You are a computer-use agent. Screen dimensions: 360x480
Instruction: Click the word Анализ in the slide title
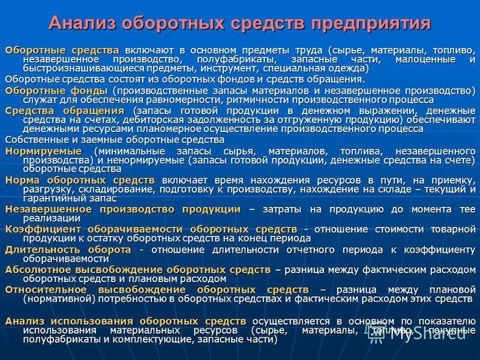point(82,23)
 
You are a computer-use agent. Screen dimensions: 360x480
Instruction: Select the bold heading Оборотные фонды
point(56,90)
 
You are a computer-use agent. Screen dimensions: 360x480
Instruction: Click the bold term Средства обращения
point(65,111)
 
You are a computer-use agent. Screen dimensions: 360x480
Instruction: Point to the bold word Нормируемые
point(43,151)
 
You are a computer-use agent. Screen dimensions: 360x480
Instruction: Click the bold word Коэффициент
point(43,229)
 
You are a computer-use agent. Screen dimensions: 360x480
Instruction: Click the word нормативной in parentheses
point(59,298)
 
